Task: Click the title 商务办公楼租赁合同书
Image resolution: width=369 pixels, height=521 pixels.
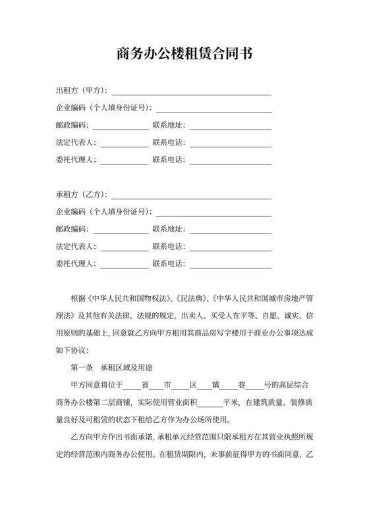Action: (184, 53)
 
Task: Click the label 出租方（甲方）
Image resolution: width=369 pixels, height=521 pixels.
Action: (81, 90)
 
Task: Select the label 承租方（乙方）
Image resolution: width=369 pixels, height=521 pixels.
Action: (81, 194)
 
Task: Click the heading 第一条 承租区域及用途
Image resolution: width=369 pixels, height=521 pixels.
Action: (112, 367)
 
